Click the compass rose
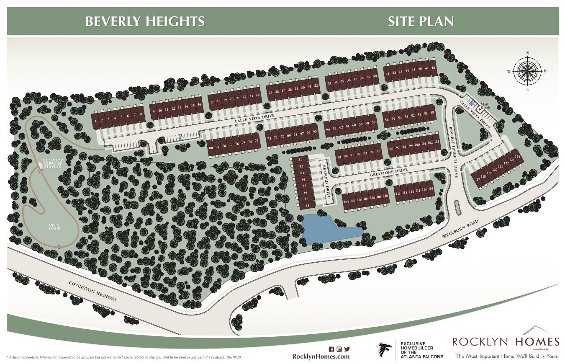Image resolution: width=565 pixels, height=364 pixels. pos(527,71)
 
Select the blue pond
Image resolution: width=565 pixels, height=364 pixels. pos(326,229)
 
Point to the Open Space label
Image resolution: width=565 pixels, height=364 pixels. pos(54,227)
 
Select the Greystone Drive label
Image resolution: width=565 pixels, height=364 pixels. pos(389,171)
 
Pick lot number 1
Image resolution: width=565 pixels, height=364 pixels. pos(96,121)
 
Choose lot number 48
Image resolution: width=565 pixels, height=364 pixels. pos(433,68)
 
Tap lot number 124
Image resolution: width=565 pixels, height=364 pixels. pos(517,157)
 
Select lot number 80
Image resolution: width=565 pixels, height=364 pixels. pos(211,148)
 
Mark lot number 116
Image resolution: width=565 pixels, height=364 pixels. pos(431,190)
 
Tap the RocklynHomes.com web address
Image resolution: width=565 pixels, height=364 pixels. pos(321,356)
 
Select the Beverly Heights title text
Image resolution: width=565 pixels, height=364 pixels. pos(145,21)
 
